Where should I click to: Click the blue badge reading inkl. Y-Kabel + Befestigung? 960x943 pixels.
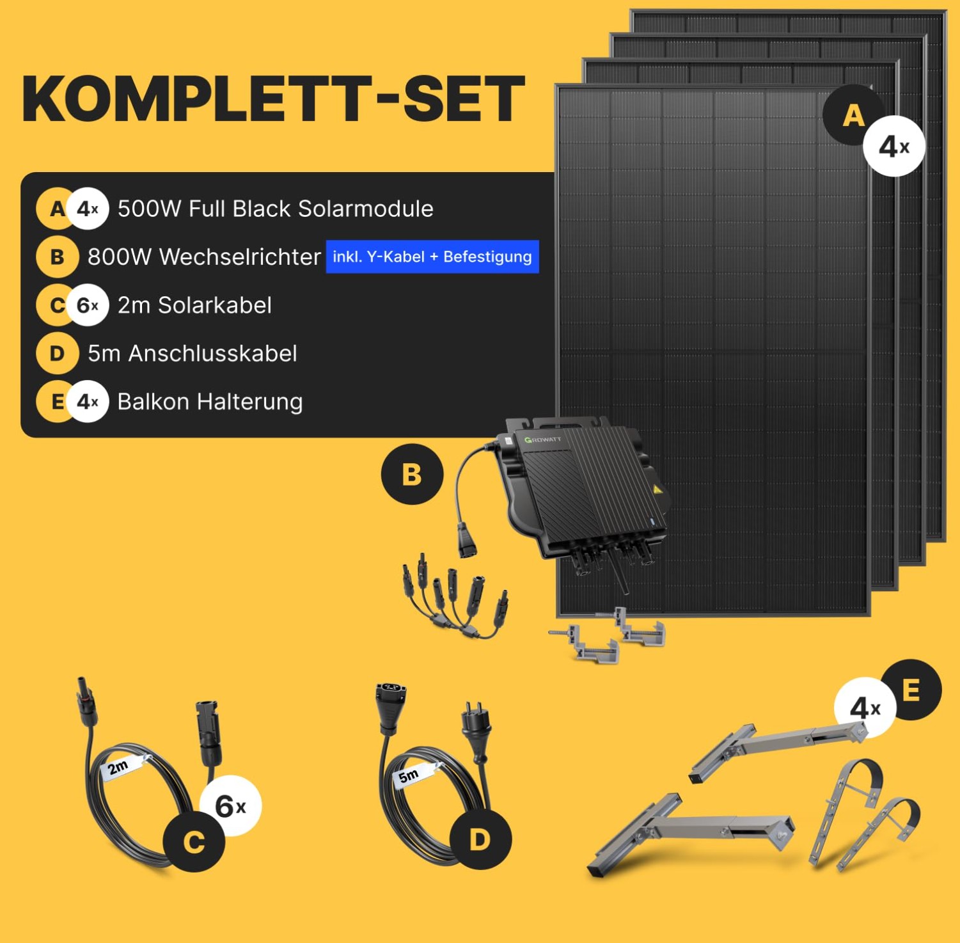click(432, 257)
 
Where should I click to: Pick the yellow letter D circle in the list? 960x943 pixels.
click(57, 353)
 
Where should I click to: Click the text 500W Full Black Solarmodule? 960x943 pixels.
click(275, 209)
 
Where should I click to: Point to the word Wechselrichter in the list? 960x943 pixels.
click(239, 257)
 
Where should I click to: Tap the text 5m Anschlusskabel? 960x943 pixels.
click(192, 353)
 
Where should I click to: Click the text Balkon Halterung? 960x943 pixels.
click(210, 402)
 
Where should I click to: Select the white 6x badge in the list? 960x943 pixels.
click(88, 305)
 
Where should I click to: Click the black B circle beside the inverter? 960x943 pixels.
click(412, 474)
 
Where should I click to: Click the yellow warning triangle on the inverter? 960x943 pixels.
click(656, 490)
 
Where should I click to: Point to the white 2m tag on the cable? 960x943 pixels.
click(119, 767)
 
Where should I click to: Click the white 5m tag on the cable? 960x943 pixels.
click(409, 775)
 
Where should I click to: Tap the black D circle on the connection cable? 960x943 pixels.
click(480, 839)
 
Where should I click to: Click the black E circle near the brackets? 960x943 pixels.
click(911, 690)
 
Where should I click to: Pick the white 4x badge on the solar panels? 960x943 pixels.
click(893, 147)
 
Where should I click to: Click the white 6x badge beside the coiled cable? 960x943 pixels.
click(231, 806)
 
